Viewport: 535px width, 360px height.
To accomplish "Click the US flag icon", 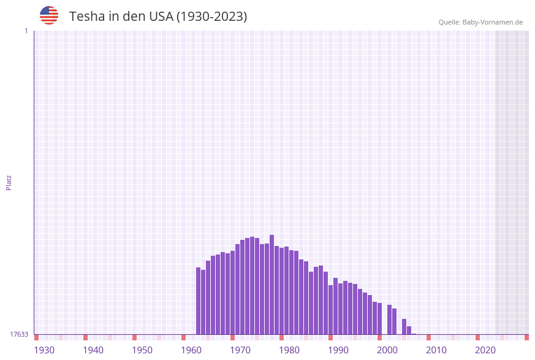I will click(x=49, y=15).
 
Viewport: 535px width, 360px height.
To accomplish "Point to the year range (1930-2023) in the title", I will click(x=211, y=17).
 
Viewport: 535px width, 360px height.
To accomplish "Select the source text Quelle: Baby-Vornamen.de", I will click(x=480, y=22).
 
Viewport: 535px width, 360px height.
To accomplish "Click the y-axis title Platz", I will click(x=9, y=182).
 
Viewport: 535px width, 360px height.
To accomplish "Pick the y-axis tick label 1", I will click(x=26, y=31).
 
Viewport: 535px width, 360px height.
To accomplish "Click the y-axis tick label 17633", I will click(x=19, y=334).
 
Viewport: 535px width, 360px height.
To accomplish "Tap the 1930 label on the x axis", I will click(x=44, y=350).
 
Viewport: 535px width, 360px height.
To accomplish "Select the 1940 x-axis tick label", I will click(x=93, y=350).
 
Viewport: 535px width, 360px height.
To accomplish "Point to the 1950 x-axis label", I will click(x=142, y=350).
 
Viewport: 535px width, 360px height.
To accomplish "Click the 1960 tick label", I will click(x=191, y=350).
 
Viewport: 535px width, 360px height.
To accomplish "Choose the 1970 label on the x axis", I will click(x=240, y=350).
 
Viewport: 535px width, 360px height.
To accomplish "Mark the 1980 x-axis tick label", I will click(x=289, y=350).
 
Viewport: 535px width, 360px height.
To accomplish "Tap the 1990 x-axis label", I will click(x=338, y=350).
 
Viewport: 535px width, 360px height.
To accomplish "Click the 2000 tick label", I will click(x=387, y=350).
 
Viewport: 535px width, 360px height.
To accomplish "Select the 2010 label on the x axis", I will click(x=436, y=350).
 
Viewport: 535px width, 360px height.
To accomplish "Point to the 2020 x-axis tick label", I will click(x=485, y=350).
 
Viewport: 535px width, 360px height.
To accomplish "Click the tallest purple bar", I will click(x=271, y=285).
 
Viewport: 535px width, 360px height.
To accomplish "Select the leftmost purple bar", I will click(x=198, y=301).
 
